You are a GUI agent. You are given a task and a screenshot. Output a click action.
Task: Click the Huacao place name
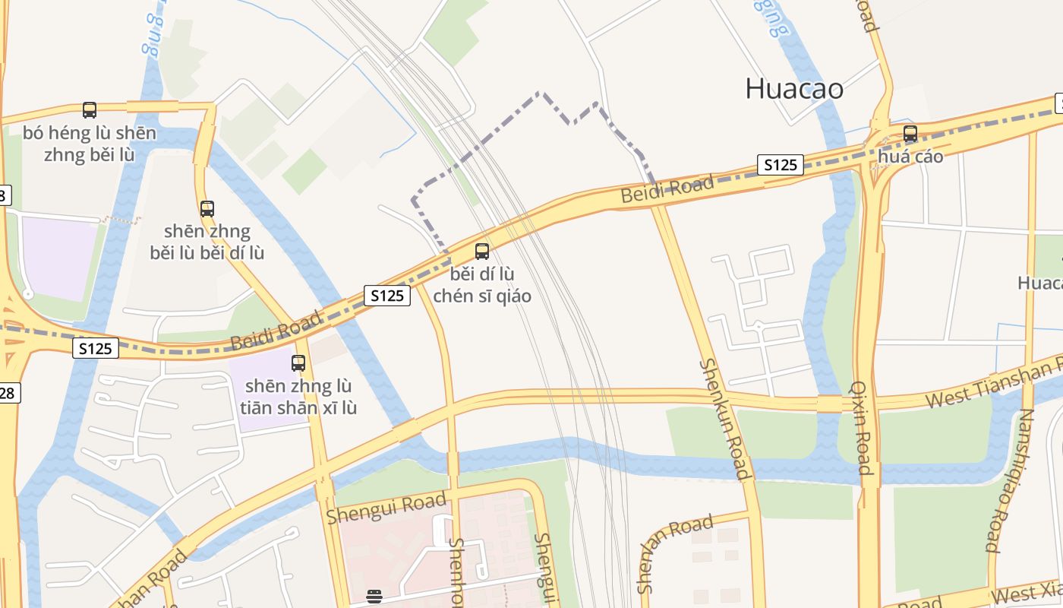point(794,89)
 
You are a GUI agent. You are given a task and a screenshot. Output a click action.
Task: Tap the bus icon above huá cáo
point(910,135)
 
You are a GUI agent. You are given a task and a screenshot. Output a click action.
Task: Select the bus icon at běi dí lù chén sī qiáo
point(482,251)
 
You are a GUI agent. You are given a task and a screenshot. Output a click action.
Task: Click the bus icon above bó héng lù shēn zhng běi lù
point(90,110)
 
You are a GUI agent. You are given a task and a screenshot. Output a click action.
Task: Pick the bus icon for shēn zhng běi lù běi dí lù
point(207,208)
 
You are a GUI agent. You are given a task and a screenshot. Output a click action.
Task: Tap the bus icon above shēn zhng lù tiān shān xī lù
point(298,363)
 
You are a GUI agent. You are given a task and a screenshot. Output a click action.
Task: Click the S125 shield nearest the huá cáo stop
point(780,165)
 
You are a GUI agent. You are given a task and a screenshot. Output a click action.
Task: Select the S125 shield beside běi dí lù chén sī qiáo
point(387,295)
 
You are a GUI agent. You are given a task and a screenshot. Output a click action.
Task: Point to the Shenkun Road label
point(725,419)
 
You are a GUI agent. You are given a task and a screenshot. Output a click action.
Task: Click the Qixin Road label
point(862,427)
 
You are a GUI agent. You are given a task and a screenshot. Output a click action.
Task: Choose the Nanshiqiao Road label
point(1008,480)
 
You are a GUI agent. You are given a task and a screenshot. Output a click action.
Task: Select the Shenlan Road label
point(676,553)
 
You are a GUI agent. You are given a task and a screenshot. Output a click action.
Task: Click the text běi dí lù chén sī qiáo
point(482,284)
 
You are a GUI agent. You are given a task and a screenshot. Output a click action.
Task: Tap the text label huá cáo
point(910,157)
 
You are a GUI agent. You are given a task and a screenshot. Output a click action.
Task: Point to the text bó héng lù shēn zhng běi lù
point(90,144)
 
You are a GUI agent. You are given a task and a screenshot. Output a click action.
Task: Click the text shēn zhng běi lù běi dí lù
point(207,241)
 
